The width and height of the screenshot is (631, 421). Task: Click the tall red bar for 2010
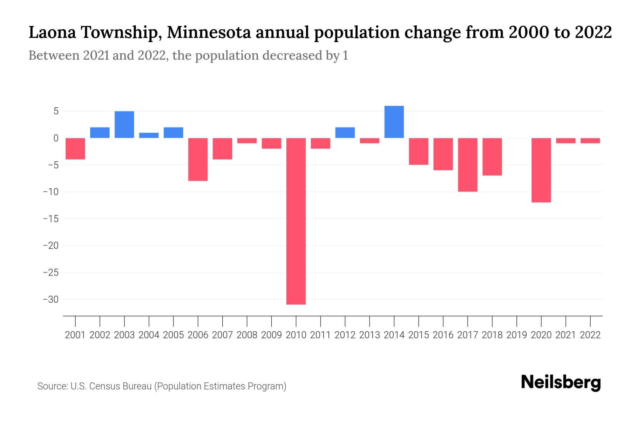tap(296, 221)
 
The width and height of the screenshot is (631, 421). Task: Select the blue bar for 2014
tap(394, 122)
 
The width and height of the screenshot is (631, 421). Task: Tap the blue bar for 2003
tap(124, 125)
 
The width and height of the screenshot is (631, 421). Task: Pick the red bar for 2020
tap(541, 170)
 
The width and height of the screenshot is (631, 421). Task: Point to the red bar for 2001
tap(75, 149)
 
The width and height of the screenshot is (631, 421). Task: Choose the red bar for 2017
tap(468, 165)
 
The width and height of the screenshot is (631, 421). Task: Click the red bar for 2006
tap(198, 159)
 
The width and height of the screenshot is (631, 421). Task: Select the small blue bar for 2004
tap(149, 135)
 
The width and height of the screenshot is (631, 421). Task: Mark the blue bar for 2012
tap(345, 133)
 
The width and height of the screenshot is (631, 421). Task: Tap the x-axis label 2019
tap(517, 335)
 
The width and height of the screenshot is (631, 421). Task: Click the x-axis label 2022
tap(590, 335)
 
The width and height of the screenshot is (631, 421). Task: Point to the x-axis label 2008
tap(247, 335)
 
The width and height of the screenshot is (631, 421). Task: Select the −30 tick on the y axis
tap(50, 300)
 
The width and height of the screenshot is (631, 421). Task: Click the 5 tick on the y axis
tap(56, 112)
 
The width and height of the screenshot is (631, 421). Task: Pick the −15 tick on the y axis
tap(50, 219)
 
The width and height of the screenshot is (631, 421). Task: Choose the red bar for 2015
tap(419, 151)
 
